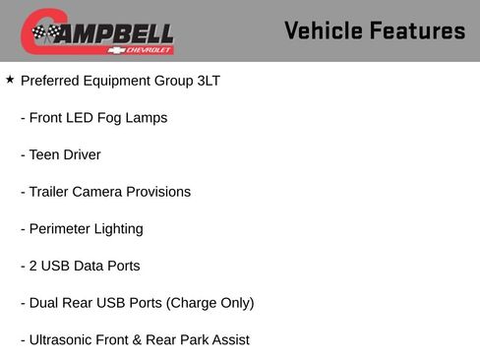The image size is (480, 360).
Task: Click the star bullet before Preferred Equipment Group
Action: (10, 80)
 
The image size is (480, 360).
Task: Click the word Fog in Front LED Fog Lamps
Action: (111, 118)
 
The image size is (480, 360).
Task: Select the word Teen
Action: (45, 154)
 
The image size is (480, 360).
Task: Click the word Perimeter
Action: (61, 229)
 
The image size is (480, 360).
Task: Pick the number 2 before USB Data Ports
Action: (32, 266)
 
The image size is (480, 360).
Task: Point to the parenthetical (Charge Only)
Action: (211, 303)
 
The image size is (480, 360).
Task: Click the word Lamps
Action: (148, 118)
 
